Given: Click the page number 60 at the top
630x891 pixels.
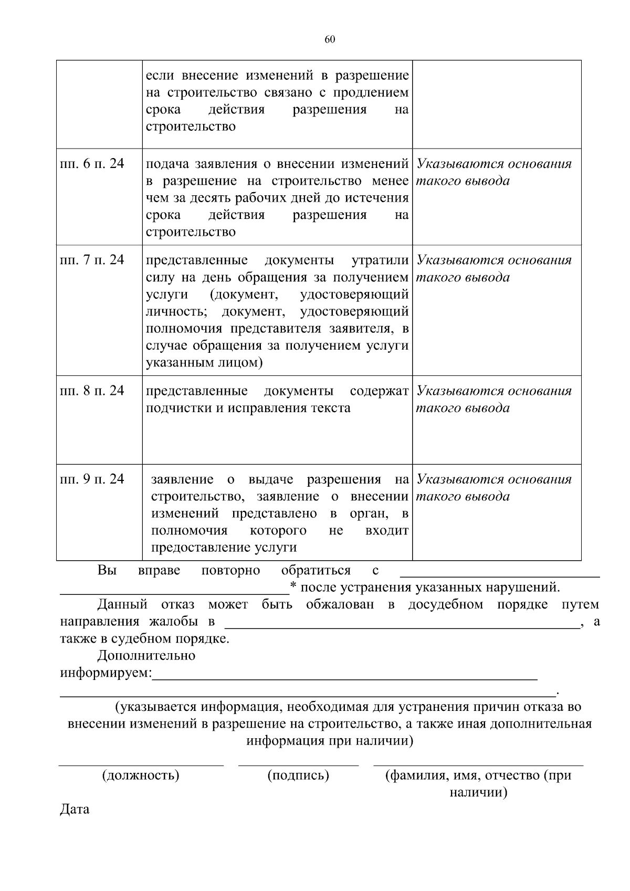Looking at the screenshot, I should [330, 40].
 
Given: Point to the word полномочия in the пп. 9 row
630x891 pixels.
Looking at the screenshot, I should [189, 531].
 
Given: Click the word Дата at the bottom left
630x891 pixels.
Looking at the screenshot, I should [75, 809].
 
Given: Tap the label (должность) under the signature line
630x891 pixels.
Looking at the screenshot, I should [141, 775].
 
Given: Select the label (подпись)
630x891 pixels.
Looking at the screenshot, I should [298, 775].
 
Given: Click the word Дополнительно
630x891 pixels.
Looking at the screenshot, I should [146, 656].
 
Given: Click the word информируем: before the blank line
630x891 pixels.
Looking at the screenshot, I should [106, 673].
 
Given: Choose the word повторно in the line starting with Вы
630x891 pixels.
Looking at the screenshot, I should [230, 571].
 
